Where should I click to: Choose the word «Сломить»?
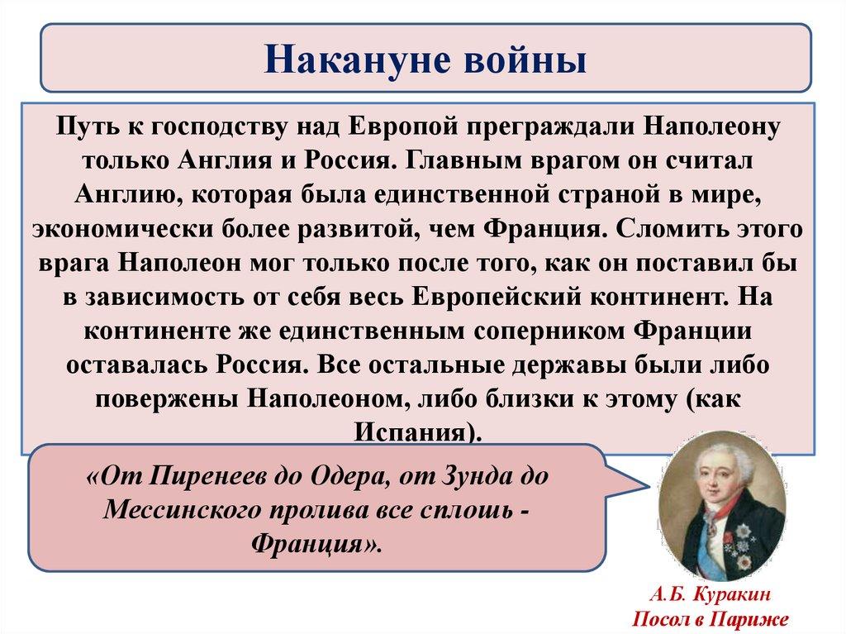pos(668,228)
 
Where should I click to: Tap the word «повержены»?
pos(167,399)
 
